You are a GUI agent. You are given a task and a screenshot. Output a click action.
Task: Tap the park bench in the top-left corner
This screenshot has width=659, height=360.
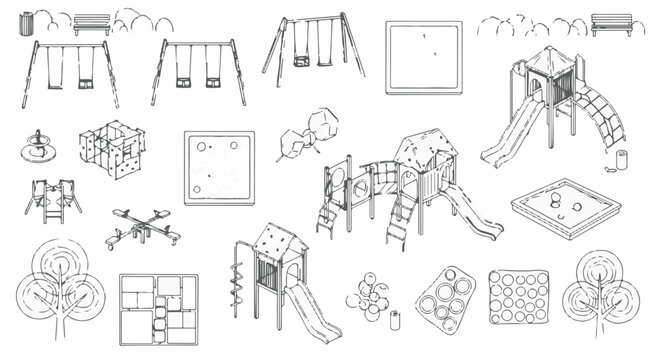pos(91,24)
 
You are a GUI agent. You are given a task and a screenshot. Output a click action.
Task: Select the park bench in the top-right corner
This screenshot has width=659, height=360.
pos(611,24)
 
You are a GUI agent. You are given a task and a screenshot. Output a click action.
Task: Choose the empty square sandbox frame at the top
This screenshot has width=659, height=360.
pos(425,58)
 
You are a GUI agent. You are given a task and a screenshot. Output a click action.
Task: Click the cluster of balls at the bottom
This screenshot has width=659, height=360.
pos(368,295)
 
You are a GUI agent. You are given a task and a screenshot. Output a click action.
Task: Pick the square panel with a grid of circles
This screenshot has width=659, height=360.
pos(519,297)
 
